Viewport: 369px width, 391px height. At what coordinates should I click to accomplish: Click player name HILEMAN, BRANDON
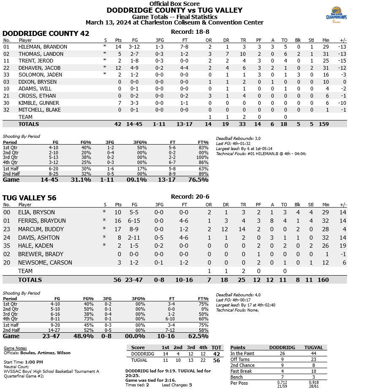[x=43, y=47]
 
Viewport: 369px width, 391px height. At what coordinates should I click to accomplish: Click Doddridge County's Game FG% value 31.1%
[x=80, y=180]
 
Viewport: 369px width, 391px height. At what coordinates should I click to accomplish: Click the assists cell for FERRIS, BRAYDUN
[x=272, y=221]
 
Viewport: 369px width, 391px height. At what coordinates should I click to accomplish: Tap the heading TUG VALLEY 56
[x=29, y=198]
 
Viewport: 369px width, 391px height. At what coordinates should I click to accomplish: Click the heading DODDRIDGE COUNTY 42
[x=46, y=34]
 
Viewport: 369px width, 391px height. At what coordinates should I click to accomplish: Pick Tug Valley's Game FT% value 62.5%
[x=198, y=336]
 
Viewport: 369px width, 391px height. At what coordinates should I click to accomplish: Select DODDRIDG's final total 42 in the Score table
[x=217, y=354]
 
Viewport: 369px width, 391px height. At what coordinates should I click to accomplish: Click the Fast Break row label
[x=241, y=371]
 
